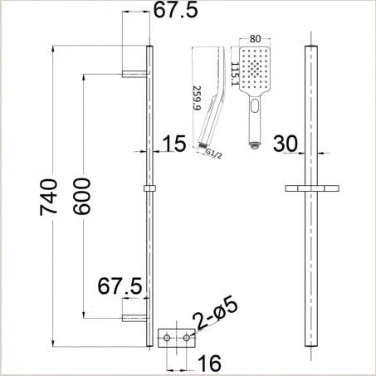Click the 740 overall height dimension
[x=49, y=197]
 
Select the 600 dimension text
[x=77, y=197]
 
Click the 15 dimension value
[x=173, y=146]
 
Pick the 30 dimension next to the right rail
[x=286, y=144]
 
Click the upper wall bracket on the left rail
[x=135, y=74]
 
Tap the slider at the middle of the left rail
[x=150, y=190]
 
